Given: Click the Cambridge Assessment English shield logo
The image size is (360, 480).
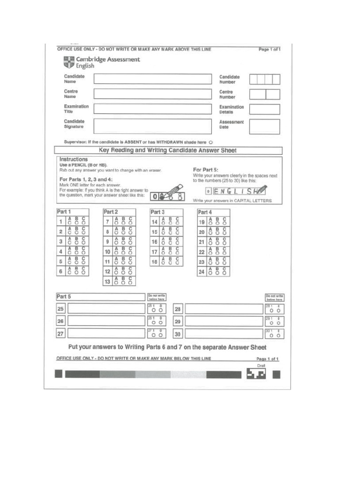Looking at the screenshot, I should pos(68,62).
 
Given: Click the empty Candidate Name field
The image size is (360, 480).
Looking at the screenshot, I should pos(152,79).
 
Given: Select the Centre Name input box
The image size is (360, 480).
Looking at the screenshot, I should pos(152,94).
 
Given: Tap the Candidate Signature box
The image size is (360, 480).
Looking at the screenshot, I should pos(152,126).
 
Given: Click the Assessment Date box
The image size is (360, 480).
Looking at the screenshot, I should pos(264,127).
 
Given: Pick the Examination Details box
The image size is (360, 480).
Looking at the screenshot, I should pos(264,109).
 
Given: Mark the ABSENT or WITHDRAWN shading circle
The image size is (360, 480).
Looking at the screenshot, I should pos(210,142).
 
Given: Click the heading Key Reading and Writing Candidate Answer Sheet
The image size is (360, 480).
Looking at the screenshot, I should pos(168,150).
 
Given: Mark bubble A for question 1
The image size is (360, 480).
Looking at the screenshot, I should pos(70,223).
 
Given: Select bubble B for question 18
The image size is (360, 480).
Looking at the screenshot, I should pos(170,263).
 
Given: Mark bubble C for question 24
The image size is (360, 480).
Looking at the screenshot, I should pos(225,273).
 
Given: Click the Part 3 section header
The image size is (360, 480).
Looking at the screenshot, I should pos(157,212).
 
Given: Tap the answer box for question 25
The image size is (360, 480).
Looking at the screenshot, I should pos(106,308).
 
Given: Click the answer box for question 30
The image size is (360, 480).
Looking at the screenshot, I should pos(224,333).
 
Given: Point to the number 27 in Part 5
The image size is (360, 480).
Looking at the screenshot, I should pos(60,334).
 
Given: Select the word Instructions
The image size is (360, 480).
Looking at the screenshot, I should pos(74,159).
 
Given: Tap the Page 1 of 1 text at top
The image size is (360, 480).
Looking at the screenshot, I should pos(269,49).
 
